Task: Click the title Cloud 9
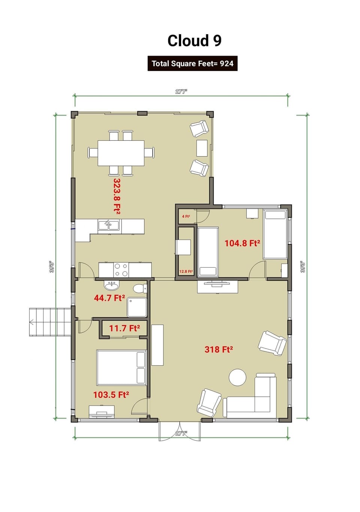(x=194, y=41)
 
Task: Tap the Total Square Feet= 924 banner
(x=192, y=63)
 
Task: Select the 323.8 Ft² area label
(x=117, y=196)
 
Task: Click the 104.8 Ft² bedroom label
(x=242, y=243)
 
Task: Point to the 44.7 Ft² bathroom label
(x=109, y=298)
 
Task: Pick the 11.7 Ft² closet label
(x=124, y=328)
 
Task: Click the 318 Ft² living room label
(x=219, y=349)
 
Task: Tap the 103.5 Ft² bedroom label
(x=111, y=395)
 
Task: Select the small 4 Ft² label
(x=186, y=217)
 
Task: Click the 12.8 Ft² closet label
(x=186, y=271)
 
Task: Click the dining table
(x=121, y=153)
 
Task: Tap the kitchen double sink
(x=109, y=225)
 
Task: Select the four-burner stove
(x=121, y=270)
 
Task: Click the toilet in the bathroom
(x=139, y=288)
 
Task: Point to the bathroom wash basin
(x=111, y=286)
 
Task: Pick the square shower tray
(x=136, y=307)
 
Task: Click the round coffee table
(x=238, y=378)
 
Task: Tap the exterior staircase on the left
(x=50, y=322)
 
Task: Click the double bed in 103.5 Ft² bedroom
(x=121, y=367)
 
